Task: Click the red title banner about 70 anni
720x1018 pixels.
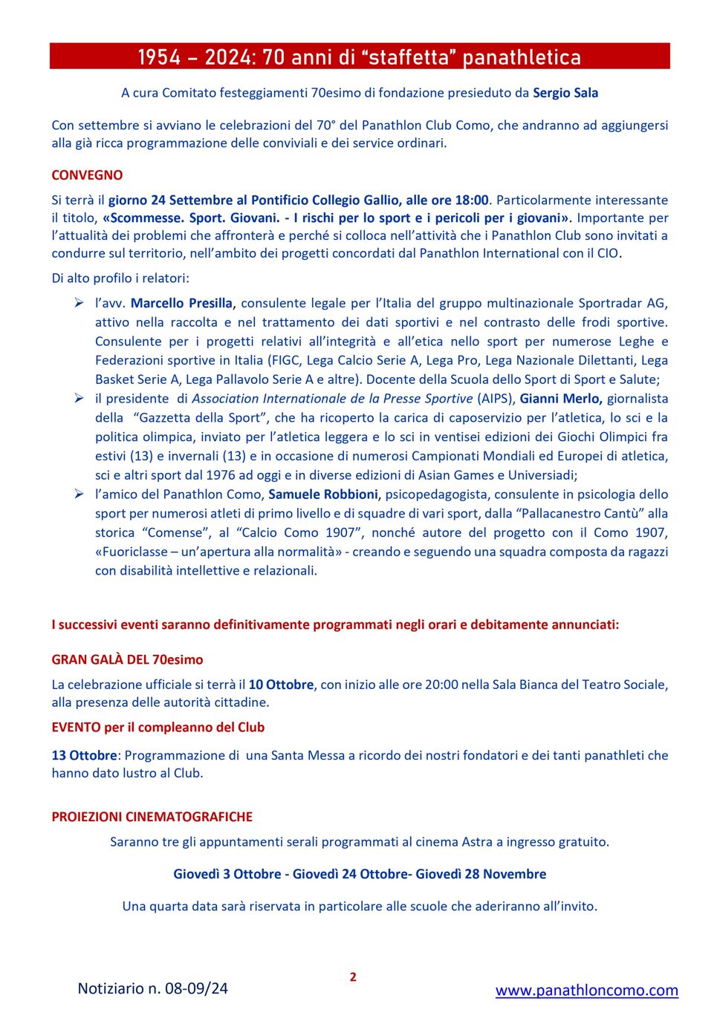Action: [x=360, y=56]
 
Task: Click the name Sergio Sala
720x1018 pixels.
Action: [x=565, y=93]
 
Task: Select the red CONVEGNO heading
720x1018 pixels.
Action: [x=87, y=175]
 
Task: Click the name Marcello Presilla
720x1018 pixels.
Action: [x=181, y=303]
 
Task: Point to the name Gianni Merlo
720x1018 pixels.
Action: [x=560, y=399]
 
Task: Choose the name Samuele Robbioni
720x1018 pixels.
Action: [x=323, y=495]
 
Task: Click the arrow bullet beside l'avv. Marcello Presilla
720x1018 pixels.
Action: [x=79, y=302]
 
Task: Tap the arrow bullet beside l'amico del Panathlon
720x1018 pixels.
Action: [x=79, y=494]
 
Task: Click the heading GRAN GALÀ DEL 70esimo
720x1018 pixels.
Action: [x=127, y=659]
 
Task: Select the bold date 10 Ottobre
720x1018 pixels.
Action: [x=281, y=685]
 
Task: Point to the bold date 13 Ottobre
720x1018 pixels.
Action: [x=84, y=755]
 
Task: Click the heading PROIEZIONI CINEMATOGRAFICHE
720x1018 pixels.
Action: [x=152, y=817]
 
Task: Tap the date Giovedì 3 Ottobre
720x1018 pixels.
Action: [x=227, y=874]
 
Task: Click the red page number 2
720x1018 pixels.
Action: [x=353, y=977]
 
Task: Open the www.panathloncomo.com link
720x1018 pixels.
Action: [x=586, y=990]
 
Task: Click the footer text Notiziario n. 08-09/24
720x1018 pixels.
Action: [x=152, y=988]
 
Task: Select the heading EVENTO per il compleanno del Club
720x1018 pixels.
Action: [x=158, y=728]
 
